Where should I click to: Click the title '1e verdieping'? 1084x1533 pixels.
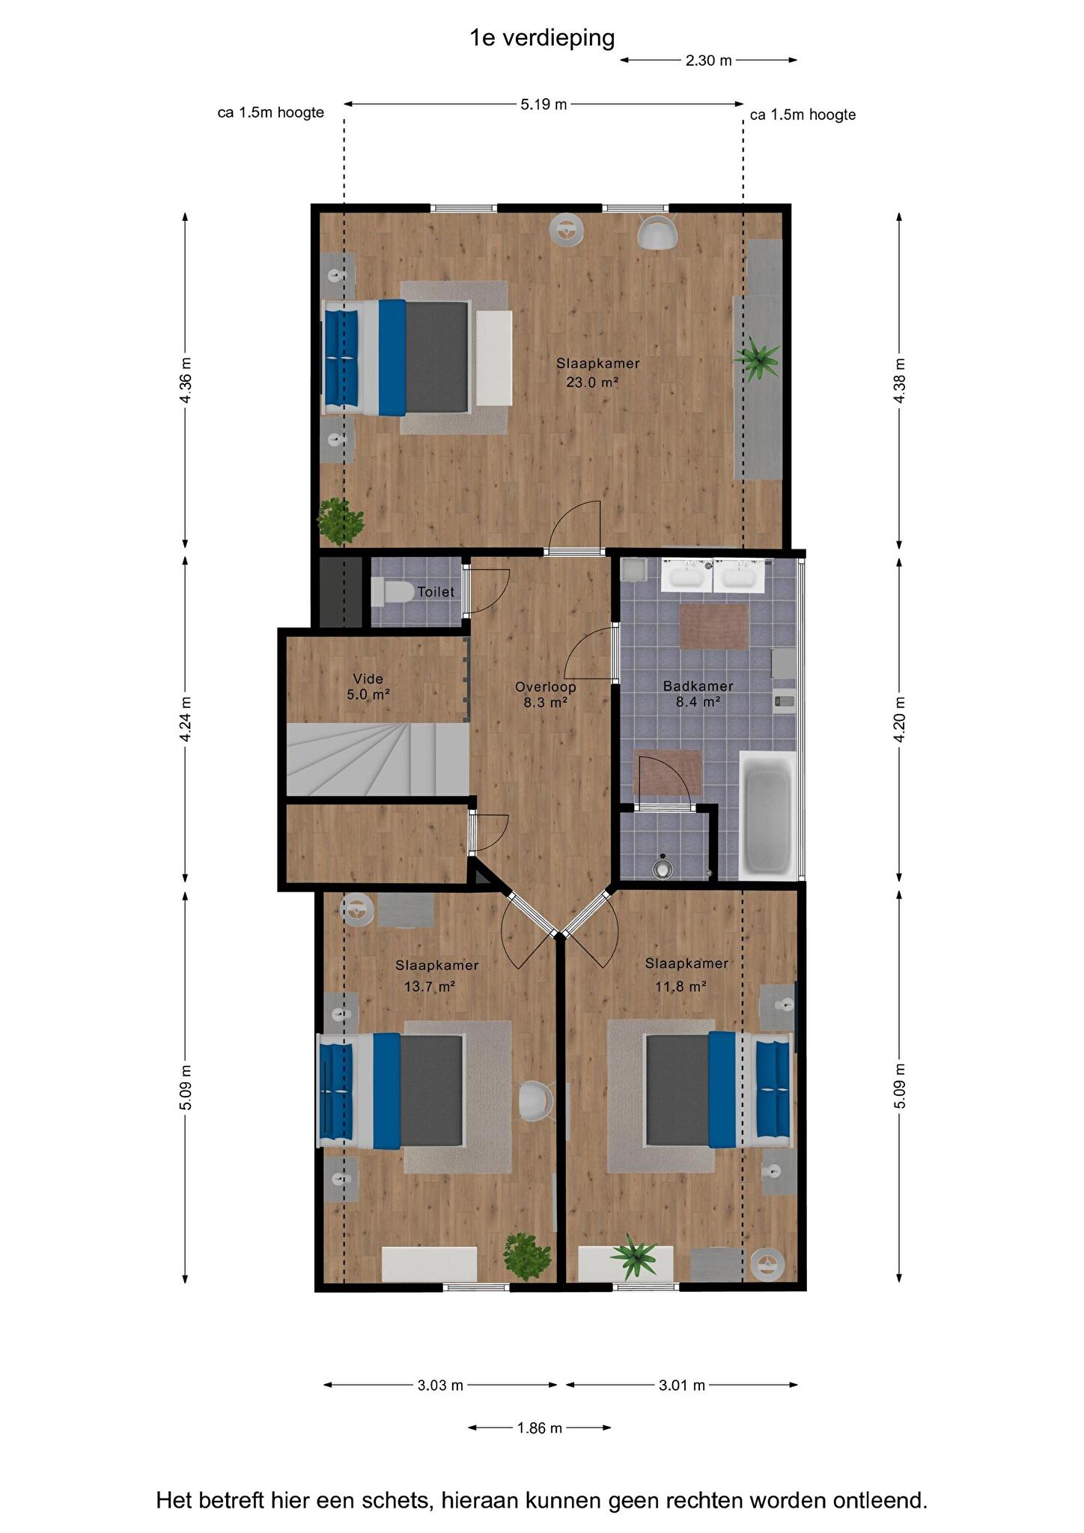pyautogui.click(x=542, y=37)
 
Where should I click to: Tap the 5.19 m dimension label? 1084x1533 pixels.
pyautogui.click(x=543, y=104)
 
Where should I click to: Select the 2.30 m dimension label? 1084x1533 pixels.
pyautogui.click(x=708, y=61)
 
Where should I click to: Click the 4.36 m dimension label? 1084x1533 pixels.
pyautogui.click(x=186, y=380)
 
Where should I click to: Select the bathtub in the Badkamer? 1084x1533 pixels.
pyautogui.click(x=767, y=814)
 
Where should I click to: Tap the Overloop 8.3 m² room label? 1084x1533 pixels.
pyautogui.click(x=546, y=694)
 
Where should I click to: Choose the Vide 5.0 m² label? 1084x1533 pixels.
pyautogui.click(x=368, y=686)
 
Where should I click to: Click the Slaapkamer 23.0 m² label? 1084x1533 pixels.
pyautogui.click(x=597, y=373)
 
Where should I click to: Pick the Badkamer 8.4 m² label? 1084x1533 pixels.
pyautogui.click(x=698, y=694)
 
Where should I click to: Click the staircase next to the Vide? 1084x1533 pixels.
pyautogui.click(x=378, y=759)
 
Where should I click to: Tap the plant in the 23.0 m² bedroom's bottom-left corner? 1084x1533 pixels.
pyautogui.click(x=341, y=520)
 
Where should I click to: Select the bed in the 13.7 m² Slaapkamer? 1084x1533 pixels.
pyautogui.click(x=391, y=1090)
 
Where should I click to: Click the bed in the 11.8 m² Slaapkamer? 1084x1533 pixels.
pyautogui.click(x=719, y=1089)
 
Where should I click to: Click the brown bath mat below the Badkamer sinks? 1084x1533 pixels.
pyautogui.click(x=714, y=627)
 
